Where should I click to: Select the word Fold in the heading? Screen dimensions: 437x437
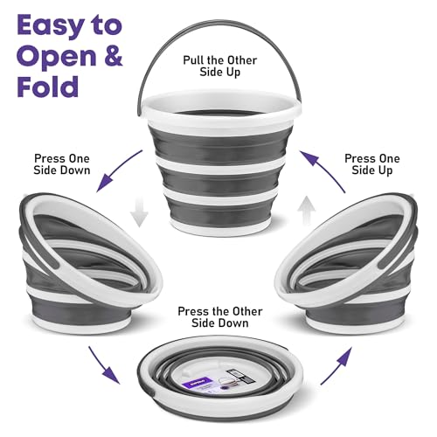(48, 87)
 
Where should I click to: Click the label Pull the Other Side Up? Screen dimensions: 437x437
(220, 66)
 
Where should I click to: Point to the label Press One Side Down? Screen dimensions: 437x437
(62, 164)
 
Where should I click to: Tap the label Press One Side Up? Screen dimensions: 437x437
(372, 164)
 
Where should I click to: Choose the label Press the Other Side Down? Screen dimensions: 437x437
(220, 317)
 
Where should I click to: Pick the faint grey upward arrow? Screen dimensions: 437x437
(307, 211)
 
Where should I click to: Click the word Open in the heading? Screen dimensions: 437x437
(57, 57)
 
